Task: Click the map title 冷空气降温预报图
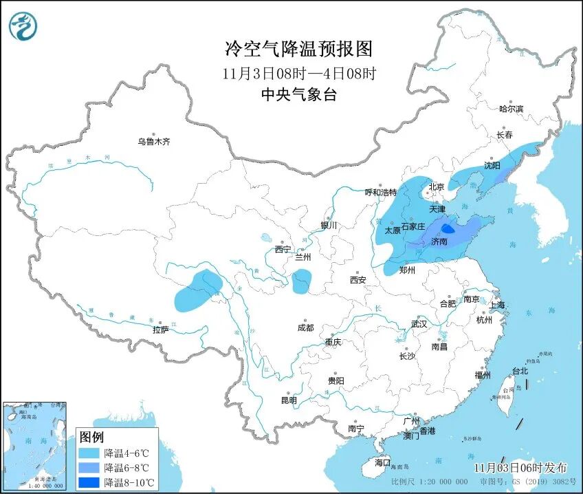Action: coord(299,49)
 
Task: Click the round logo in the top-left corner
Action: coord(23,25)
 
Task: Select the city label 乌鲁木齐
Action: coord(153,142)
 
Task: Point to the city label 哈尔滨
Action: coord(511,109)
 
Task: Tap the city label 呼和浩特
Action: coord(380,193)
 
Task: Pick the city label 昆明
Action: coord(289,400)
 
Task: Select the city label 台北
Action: coord(520,371)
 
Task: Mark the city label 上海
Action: coord(496,305)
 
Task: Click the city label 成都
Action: coord(305,328)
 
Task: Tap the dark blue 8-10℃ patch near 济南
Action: coord(447,228)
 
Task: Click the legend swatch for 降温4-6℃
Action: coord(89,453)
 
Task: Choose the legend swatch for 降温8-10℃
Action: coord(89,482)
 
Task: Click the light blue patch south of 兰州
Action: coord(301,281)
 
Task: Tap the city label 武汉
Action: coord(419,323)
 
